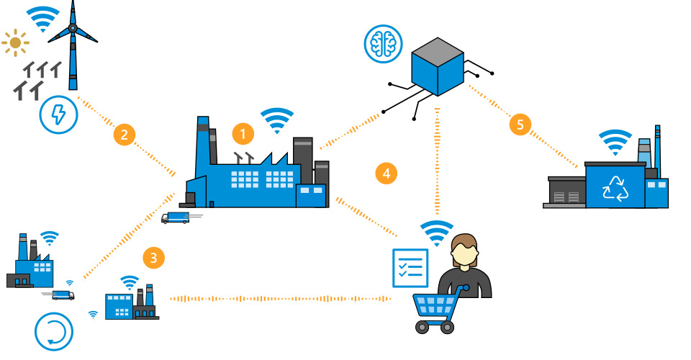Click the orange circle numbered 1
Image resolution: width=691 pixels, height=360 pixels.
point(243,133)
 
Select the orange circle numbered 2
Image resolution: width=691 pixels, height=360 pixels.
point(125,134)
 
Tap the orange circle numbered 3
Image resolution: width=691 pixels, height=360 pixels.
point(153,256)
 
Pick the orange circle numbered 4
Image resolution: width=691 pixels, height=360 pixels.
point(387,173)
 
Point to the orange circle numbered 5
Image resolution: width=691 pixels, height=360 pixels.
point(520,124)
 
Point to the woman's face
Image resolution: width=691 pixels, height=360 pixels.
point(464,253)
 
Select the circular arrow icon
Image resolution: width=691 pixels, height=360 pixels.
point(55,332)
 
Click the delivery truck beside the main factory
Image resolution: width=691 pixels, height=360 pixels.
point(176,217)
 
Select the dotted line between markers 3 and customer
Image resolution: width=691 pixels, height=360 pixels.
point(281,297)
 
